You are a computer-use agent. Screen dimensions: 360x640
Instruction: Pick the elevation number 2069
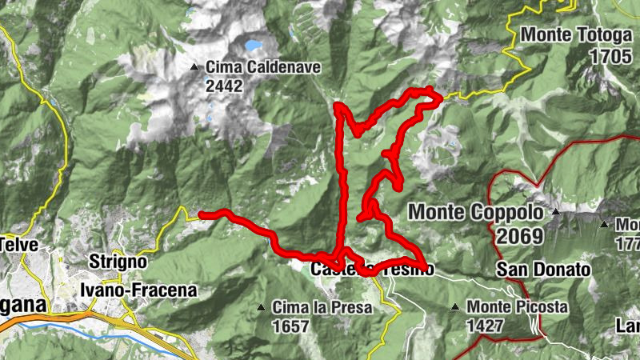pos(518,236)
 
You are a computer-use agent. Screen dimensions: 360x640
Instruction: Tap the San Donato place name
pos(543,270)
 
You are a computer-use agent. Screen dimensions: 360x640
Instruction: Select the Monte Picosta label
pos(518,306)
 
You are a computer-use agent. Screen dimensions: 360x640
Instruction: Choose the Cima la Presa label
pos(322,306)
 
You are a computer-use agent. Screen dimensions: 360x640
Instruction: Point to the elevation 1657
pos(290,326)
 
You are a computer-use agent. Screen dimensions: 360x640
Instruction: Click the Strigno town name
pos(118,262)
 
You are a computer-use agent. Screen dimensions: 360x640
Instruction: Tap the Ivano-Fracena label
pos(138,290)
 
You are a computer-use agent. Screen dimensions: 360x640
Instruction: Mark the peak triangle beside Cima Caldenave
pos(194,67)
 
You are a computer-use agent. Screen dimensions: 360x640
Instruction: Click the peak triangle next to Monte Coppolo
pos(555,213)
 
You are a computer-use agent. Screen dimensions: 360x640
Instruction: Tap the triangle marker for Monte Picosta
pos(455,307)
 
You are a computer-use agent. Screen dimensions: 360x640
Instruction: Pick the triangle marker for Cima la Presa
pos(261,307)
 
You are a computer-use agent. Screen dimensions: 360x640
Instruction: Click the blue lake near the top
pos(254,46)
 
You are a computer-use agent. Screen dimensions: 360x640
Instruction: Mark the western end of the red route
pos(201,214)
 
